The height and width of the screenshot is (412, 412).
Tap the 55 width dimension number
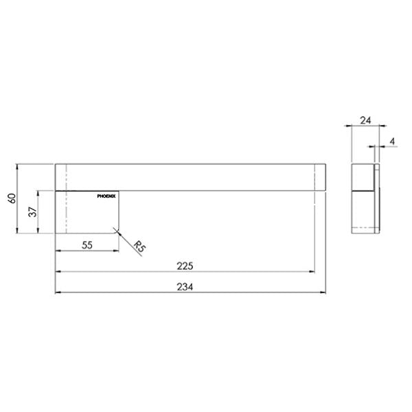click(87, 244)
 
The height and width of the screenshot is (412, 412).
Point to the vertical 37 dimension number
click(31, 212)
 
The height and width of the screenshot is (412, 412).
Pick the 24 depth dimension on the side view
click(365, 120)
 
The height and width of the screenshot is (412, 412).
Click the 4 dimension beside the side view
click(392, 142)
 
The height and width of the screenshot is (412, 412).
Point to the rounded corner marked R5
click(118, 232)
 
